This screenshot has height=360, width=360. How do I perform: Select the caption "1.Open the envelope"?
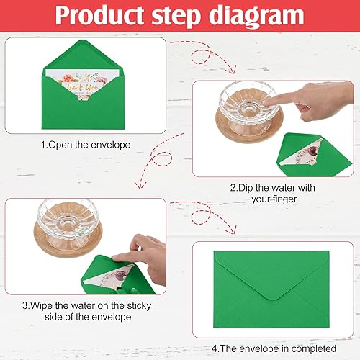tap(86, 144)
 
